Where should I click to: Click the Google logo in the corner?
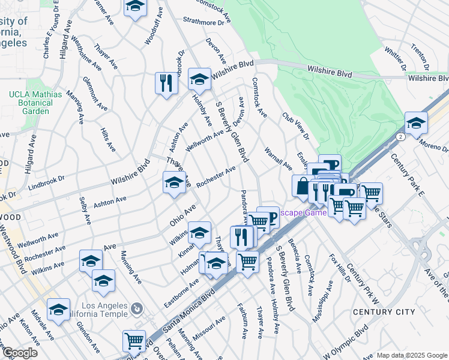[x=20, y=352]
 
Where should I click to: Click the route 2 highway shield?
[x=400, y=137]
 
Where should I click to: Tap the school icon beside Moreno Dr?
[x=415, y=123]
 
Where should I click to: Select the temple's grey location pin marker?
[x=137, y=309]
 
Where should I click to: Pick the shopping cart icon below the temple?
[x=134, y=341]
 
